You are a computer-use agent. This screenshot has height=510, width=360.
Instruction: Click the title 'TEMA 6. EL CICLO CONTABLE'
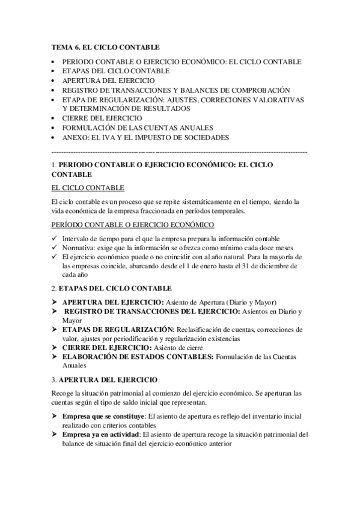point(106,46)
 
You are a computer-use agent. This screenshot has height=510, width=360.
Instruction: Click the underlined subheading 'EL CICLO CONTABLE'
point(88,188)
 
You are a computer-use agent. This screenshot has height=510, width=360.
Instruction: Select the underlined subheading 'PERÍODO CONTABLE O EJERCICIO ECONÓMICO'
point(133,225)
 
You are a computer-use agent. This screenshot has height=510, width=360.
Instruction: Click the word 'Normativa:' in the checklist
point(79,248)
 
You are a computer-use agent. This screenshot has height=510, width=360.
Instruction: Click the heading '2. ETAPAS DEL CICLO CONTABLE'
point(112,289)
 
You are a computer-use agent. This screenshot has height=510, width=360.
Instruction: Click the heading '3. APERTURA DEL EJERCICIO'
point(105,380)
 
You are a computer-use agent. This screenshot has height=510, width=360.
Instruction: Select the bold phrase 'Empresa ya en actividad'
point(100,435)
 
